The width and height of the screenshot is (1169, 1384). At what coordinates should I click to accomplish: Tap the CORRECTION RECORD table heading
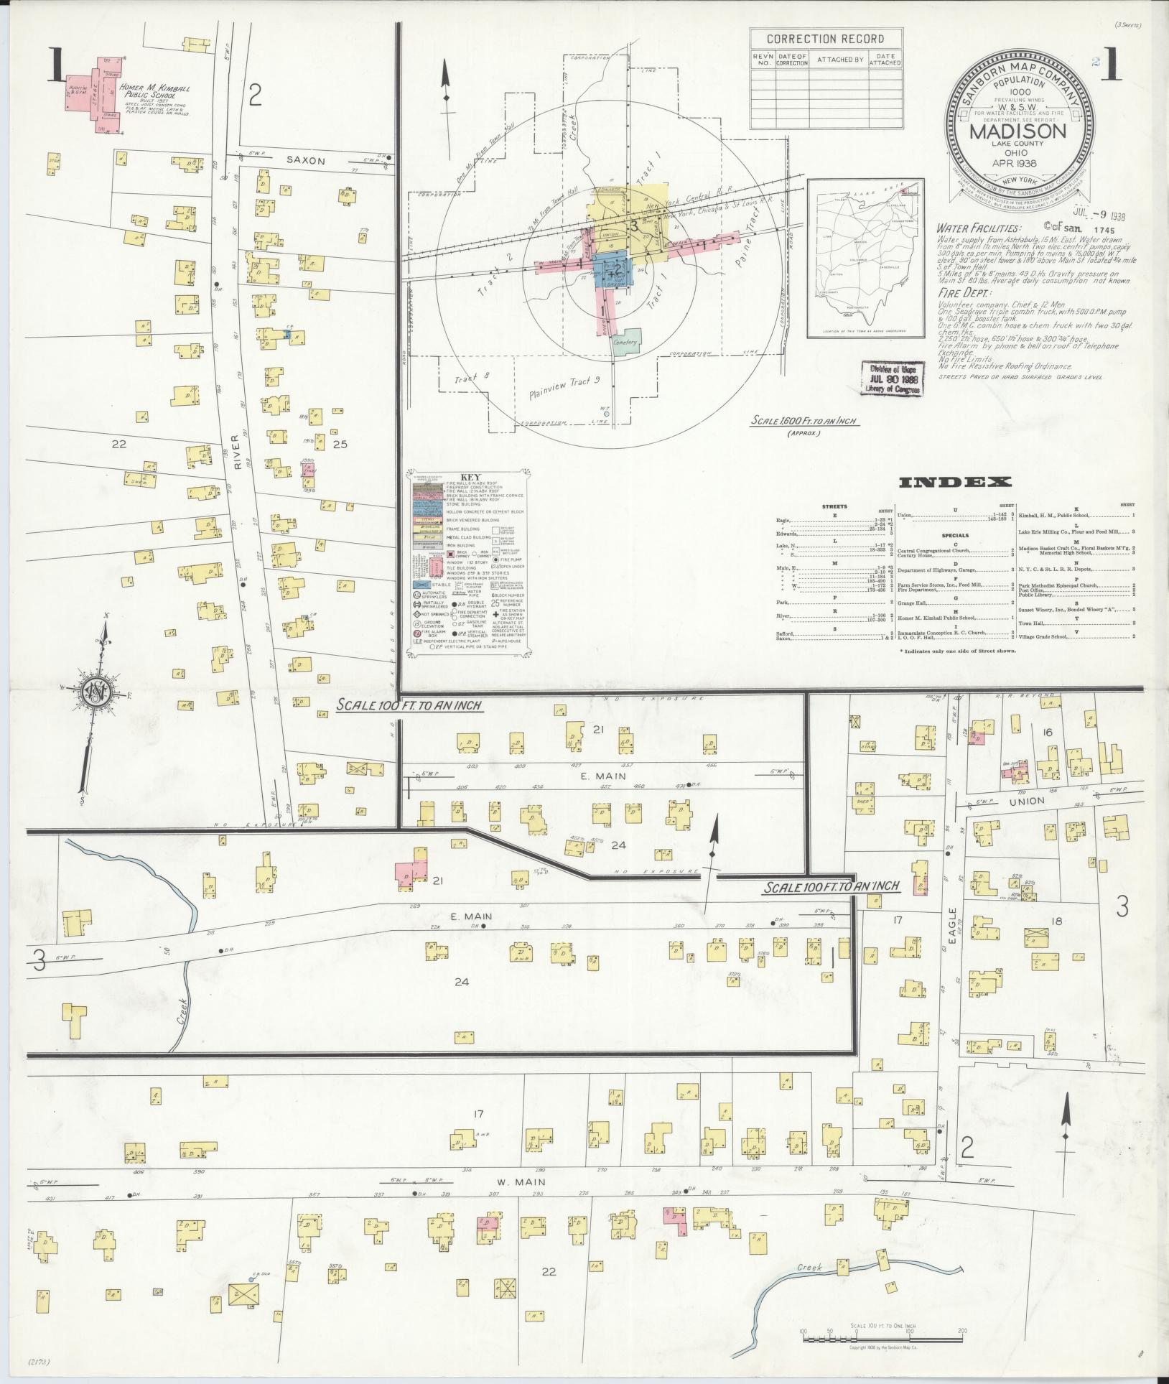point(825,39)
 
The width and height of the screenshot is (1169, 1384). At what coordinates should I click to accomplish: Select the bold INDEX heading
point(955,482)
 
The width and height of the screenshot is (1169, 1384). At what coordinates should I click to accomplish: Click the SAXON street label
point(307,161)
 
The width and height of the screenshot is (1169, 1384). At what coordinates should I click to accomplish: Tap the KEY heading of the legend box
point(470,476)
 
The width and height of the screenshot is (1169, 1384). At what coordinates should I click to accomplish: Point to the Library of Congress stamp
point(893,377)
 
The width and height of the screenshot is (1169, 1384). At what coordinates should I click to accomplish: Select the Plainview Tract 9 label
point(564,387)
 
